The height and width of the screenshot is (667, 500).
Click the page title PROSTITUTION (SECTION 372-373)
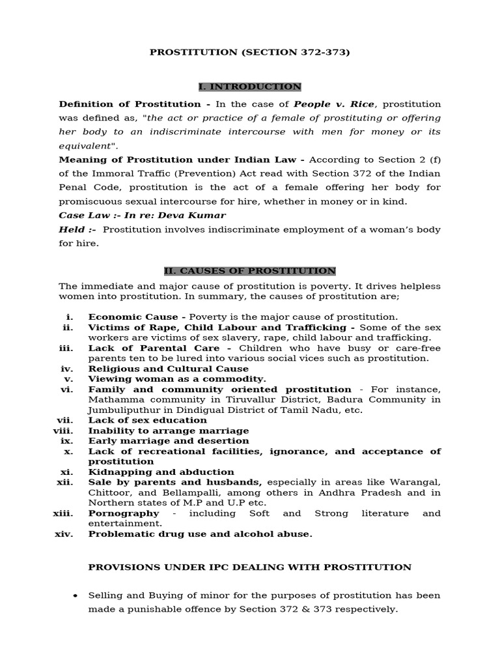coord(250,52)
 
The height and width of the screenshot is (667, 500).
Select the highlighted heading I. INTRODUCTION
coord(250,87)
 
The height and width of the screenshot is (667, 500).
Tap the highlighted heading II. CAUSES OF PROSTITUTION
coord(250,270)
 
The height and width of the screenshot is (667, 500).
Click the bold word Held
coord(72,229)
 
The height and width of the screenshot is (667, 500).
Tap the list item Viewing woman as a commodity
coord(177,379)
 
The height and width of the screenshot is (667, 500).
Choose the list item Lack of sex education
coord(148,421)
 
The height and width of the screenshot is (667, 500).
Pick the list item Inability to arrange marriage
coord(169,431)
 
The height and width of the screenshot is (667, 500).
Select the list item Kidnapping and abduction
coord(161,472)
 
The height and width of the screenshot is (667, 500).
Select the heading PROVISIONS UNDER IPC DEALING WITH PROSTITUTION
coord(250,567)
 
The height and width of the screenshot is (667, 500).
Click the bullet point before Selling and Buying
coord(76,596)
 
